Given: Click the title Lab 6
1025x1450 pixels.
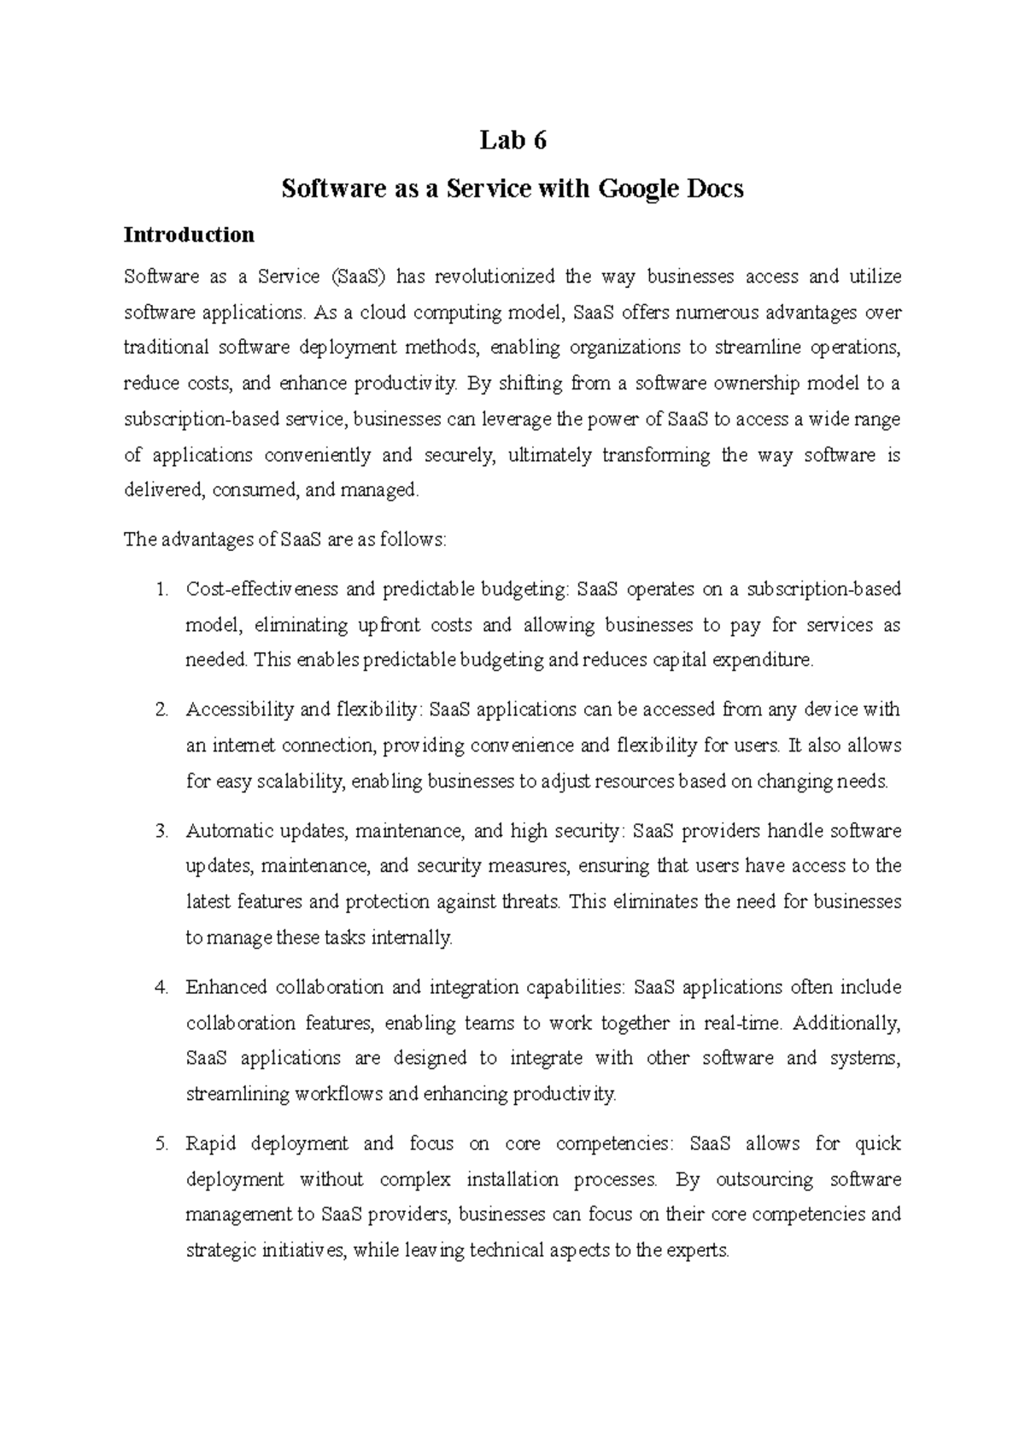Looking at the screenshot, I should [512, 140].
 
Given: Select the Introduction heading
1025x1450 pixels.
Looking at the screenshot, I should [189, 235].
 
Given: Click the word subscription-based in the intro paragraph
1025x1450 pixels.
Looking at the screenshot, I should [192, 419].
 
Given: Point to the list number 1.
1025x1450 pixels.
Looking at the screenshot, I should [161, 589].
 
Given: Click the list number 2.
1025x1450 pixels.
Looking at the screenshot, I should [161, 710].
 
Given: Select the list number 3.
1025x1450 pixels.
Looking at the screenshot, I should [161, 831].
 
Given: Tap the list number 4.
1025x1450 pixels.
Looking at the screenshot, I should [161, 987].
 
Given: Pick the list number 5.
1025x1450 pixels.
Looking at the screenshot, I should [161, 1143].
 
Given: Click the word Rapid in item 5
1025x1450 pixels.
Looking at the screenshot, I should [209, 1143].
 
